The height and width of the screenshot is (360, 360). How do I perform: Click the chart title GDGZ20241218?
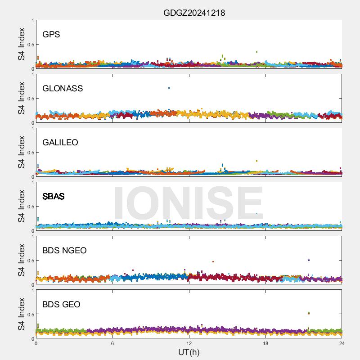click(x=194, y=13)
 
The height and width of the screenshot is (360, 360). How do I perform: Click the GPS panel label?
click(x=51, y=35)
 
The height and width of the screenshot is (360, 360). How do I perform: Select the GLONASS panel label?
click(x=63, y=89)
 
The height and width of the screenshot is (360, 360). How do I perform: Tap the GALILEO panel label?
click(x=60, y=143)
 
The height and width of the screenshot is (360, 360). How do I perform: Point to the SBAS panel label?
click(x=54, y=197)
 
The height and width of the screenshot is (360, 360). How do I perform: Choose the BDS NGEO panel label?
click(x=64, y=251)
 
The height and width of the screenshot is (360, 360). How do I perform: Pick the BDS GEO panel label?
click(x=61, y=305)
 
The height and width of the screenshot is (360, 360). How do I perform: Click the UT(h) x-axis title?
click(x=189, y=352)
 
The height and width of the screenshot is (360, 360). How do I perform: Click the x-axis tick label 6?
click(x=112, y=343)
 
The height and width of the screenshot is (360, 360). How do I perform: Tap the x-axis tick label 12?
click(x=189, y=343)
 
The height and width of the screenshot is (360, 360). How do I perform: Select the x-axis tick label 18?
click(x=265, y=343)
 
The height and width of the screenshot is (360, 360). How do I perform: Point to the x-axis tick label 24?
click(x=342, y=343)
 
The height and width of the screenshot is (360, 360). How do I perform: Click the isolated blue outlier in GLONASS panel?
click(x=169, y=88)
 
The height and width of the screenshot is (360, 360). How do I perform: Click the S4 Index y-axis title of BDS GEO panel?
click(x=22, y=314)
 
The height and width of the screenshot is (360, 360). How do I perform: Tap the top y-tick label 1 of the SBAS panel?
click(x=32, y=182)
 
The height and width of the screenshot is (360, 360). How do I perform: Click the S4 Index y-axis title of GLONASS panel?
click(x=22, y=98)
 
